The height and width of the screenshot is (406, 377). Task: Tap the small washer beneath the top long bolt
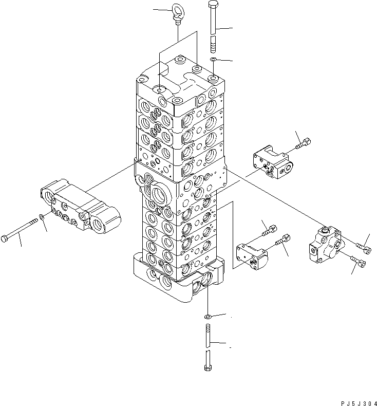click(213, 61)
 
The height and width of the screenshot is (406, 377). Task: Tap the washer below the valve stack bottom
click(206, 316)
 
